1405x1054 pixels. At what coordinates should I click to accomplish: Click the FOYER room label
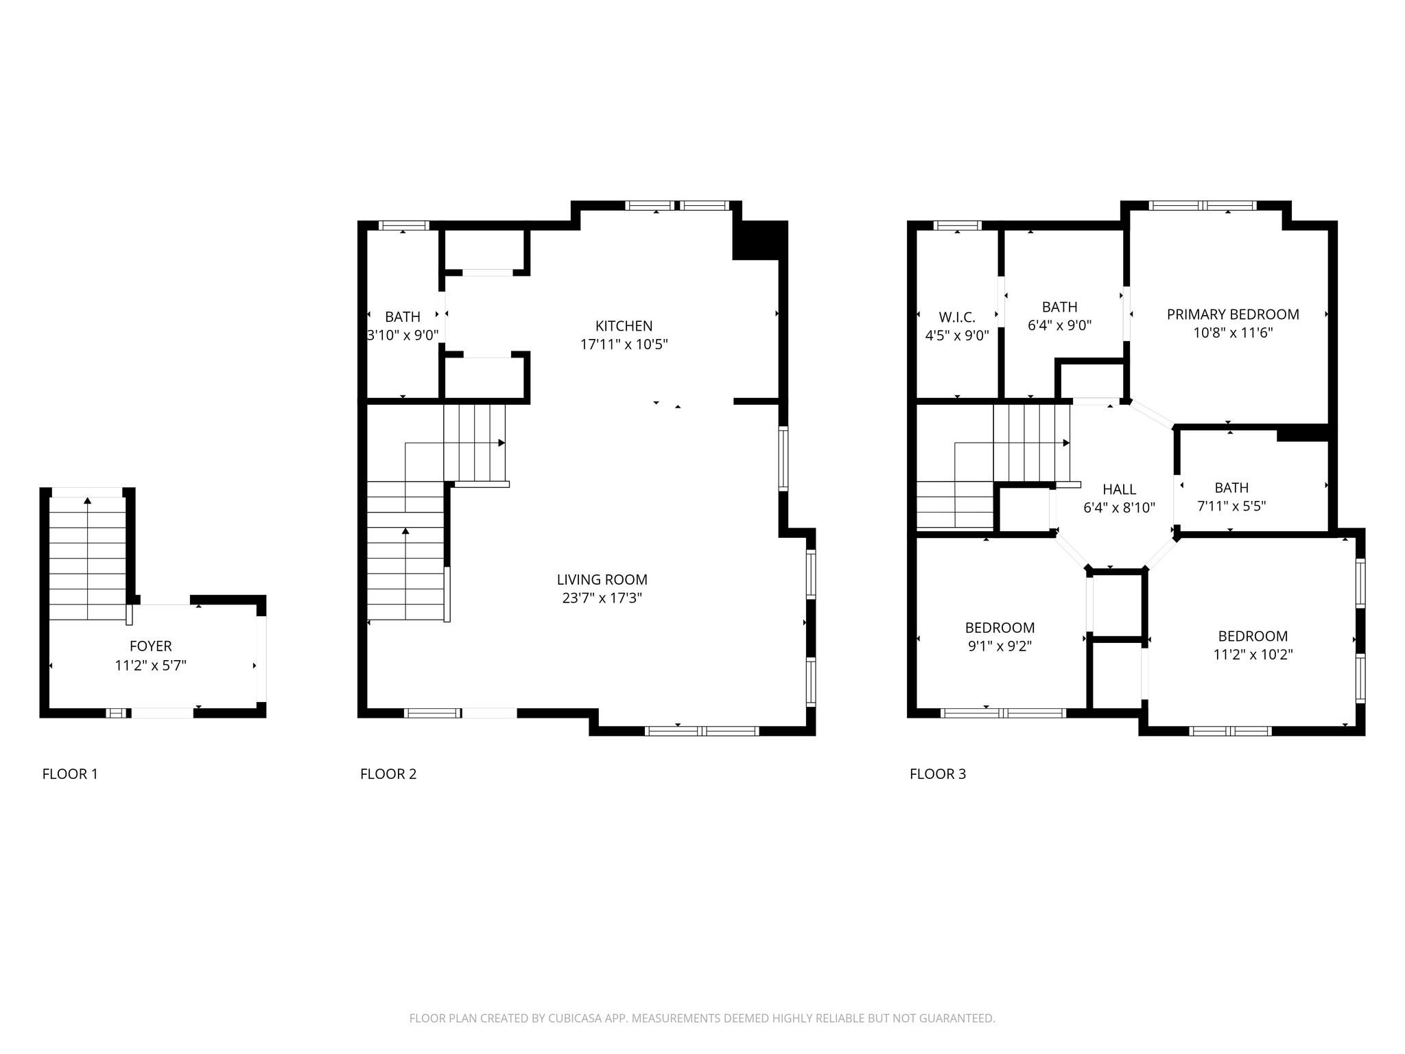[150, 646]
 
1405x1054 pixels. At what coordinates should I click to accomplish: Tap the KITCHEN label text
[624, 326]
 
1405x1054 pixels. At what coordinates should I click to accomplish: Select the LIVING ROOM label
[602, 580]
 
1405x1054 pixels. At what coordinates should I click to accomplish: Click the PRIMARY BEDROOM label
[1233, 314]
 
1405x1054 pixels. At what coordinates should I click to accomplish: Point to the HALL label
[1119, 489]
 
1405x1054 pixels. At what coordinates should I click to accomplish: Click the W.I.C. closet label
[957, 317]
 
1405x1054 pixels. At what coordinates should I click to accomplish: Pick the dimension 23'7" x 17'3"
[602, 598]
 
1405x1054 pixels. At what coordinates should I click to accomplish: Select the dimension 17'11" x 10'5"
[624, 344]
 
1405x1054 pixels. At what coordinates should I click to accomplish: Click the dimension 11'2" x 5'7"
[150, 665]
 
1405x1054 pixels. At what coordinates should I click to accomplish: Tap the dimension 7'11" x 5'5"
[1231, 506]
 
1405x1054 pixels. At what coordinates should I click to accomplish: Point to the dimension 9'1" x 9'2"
[1000, 646]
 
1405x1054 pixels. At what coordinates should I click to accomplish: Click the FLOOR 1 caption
[70, 774]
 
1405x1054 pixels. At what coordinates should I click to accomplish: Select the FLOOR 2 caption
[388, 774]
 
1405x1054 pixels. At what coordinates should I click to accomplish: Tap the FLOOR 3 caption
[938, 774]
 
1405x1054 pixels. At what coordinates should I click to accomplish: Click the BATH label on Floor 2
[403, 317]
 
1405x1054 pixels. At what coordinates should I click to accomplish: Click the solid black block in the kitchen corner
[760, 241]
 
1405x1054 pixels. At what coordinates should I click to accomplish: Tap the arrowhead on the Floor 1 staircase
[87, 501]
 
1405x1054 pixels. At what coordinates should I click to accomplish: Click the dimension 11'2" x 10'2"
[1253, 655]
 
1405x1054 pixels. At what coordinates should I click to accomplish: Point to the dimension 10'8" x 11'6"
[1233, 333]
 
